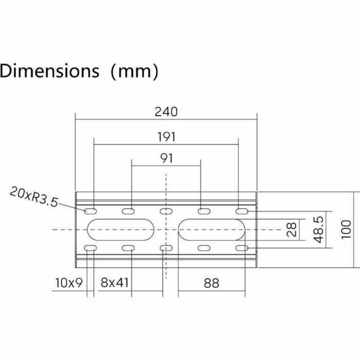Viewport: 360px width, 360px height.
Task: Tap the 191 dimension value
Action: [166, 136]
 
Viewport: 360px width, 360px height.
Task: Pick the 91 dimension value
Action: [166, 158]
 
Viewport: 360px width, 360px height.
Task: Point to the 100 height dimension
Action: [345, 230]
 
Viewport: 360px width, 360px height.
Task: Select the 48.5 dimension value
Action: [318, 230]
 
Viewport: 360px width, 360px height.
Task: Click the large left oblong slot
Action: [121, 230]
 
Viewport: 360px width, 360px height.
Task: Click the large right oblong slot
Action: [212, 230]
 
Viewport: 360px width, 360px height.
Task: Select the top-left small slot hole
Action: [90, 211]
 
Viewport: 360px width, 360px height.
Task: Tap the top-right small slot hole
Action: [242, 211]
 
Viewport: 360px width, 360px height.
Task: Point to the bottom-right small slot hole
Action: [242, 248]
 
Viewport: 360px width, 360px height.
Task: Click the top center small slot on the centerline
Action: [166, 211]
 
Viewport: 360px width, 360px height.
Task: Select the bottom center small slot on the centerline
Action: [166, 248]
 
